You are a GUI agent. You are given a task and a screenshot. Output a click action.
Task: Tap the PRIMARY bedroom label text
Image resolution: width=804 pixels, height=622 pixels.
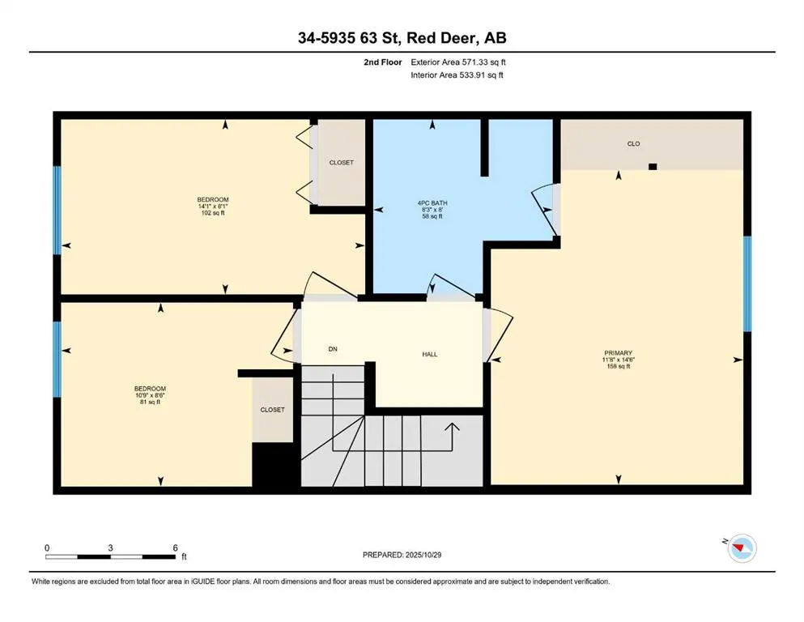618,352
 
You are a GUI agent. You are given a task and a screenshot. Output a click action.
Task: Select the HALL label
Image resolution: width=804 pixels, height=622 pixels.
430,354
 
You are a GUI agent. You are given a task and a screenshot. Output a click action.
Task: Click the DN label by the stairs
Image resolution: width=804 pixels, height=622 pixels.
332,349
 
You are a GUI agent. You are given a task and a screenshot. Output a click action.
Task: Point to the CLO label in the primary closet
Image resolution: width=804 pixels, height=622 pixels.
633,143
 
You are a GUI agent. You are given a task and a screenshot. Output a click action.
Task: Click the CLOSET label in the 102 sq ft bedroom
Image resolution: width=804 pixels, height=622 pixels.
341,163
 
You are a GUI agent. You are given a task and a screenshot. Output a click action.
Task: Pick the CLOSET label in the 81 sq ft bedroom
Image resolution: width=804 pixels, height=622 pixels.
272,410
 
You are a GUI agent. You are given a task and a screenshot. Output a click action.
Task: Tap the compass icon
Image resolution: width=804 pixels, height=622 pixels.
741,550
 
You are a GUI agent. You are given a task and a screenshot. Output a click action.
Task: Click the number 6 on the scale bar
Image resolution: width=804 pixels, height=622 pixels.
175,547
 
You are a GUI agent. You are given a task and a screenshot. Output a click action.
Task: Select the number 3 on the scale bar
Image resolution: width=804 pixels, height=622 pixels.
110,547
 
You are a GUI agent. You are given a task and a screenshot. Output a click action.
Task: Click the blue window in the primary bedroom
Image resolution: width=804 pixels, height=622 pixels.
747,283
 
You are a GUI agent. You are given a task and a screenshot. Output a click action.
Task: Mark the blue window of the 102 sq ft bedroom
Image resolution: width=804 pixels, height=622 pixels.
57,211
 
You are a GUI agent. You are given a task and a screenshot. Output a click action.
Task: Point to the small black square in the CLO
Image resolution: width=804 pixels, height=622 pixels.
653,167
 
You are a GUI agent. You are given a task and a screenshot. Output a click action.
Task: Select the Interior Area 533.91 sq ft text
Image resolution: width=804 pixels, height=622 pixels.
457,75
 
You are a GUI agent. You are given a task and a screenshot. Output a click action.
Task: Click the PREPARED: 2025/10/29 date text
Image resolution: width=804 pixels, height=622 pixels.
402,555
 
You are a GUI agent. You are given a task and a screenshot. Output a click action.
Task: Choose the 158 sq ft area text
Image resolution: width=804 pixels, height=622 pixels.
618,366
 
